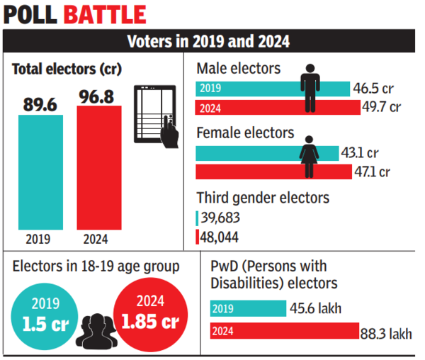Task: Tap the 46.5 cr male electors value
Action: click(376, 89)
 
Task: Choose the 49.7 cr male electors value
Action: click(382, 108)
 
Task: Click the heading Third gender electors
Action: click(263, 198)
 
